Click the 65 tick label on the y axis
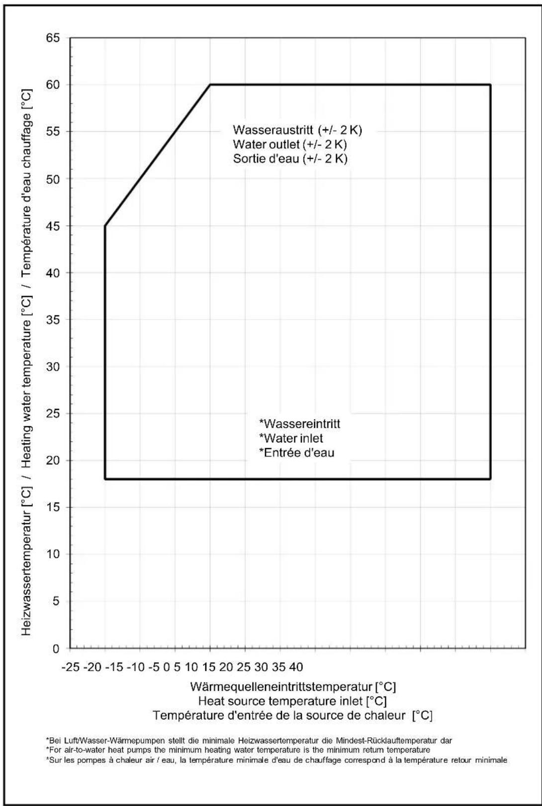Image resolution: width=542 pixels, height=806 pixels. click(x=53, y=38)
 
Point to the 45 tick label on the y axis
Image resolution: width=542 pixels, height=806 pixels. click(x=53, y=226)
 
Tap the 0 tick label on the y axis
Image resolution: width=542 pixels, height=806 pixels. click(x=56, y=648)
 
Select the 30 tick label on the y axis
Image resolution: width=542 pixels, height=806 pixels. click(x=53, y=367)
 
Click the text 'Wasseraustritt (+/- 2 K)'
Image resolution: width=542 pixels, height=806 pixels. click(x=297, y=130)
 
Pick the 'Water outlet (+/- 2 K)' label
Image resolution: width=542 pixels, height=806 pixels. click(x=289, y=145)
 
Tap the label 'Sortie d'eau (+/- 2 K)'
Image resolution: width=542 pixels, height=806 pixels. click(x=290, y=159)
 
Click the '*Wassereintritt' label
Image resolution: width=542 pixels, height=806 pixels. click(x=300, y=424)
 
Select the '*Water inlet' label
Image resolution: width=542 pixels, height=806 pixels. click(x=291, y=438)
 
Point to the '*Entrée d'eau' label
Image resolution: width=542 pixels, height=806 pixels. click(x=297, y=453)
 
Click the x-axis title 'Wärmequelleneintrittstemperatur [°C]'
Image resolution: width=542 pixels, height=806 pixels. click(x=293, y=687)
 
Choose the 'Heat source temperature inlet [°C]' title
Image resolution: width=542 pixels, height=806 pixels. click(x=292, y=702)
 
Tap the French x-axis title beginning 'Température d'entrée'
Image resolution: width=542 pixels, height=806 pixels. click(x=292, y=716)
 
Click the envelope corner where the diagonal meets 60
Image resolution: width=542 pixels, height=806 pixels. click(x=210, y=85)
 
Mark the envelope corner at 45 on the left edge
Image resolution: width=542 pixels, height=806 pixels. click(x=105, y=226)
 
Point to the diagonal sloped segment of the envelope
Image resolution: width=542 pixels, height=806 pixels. click(x=158, y=155)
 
